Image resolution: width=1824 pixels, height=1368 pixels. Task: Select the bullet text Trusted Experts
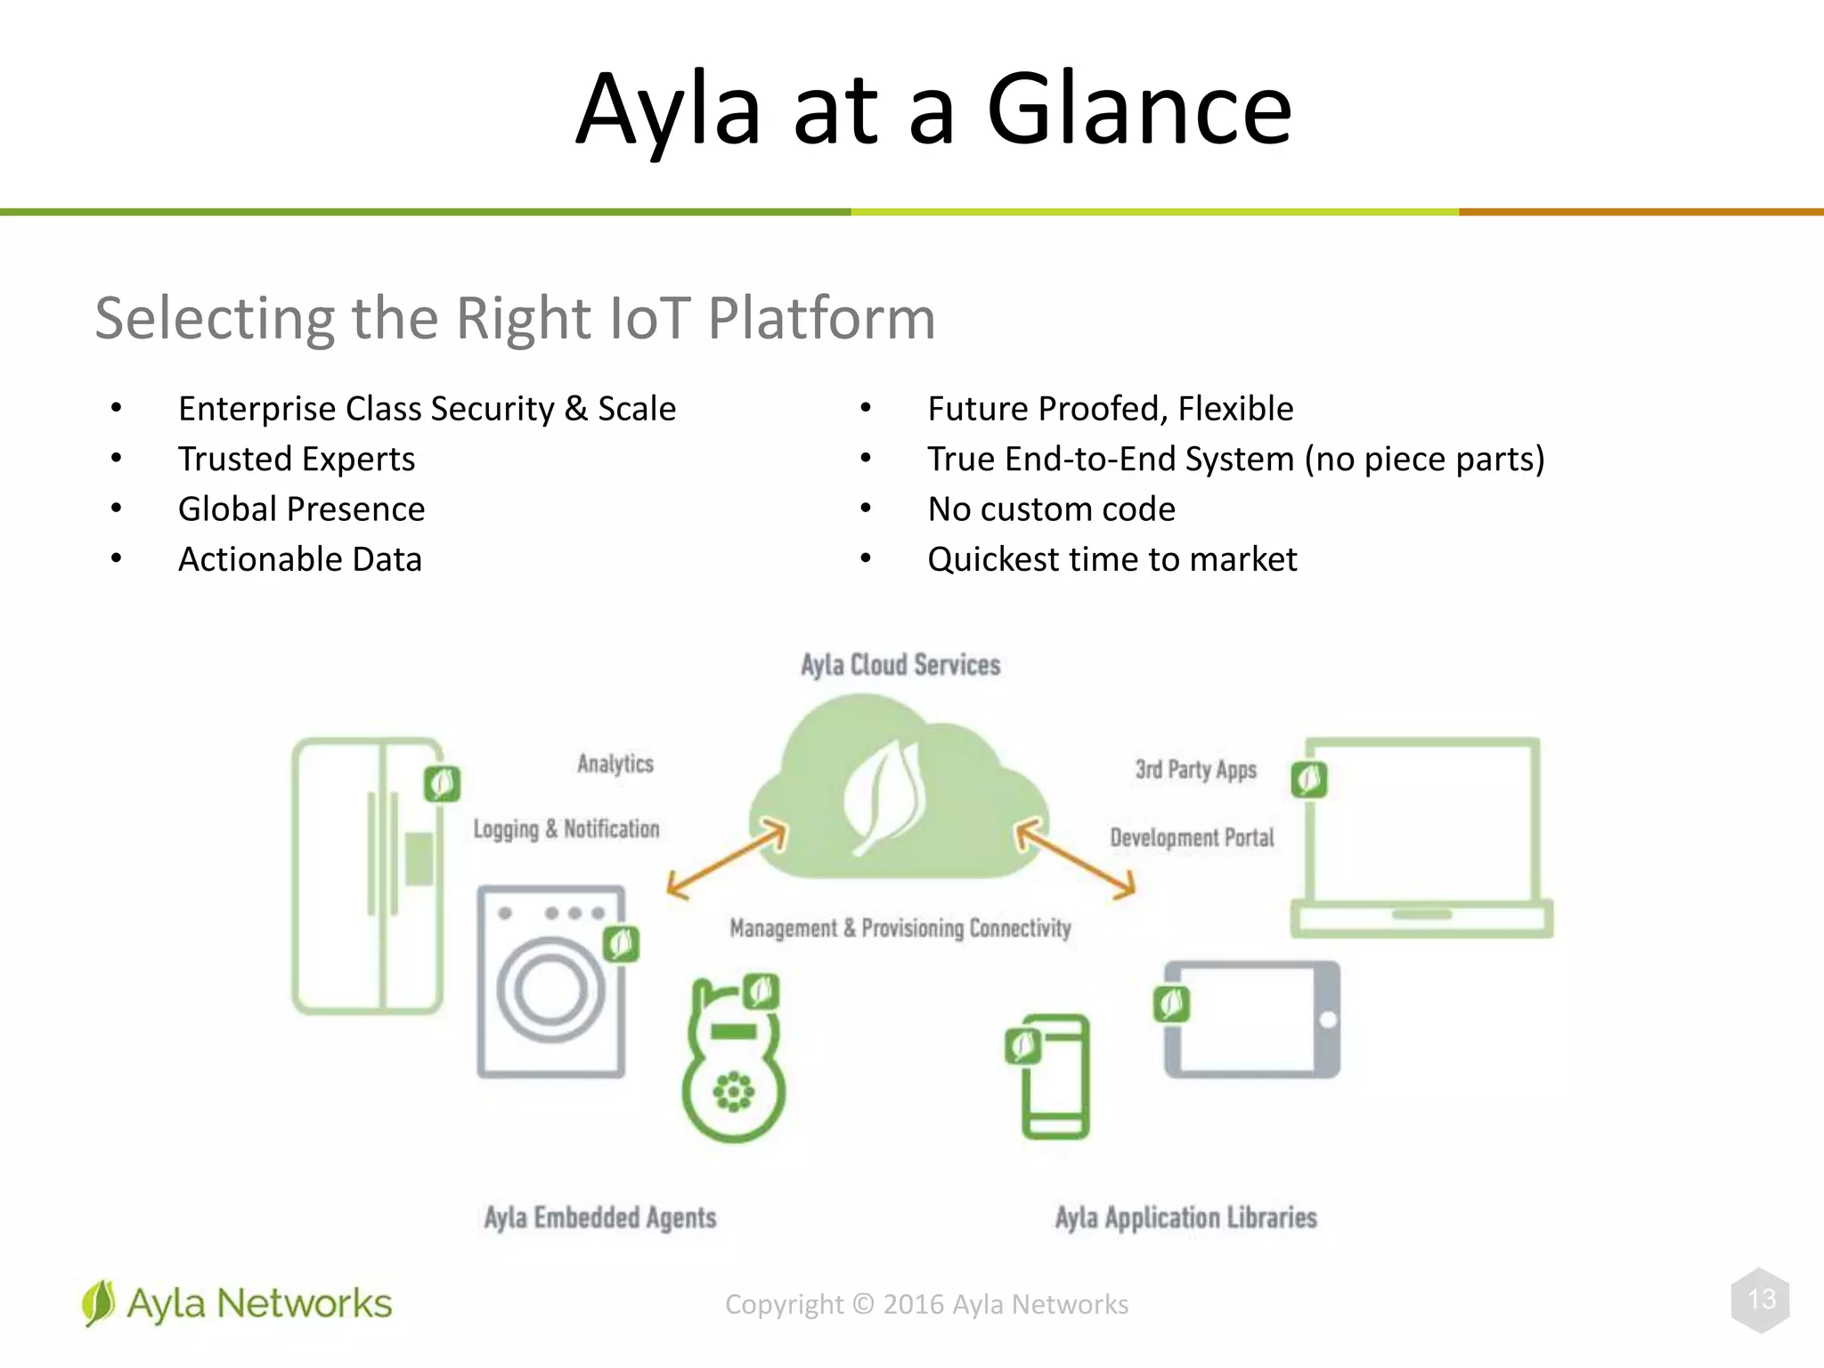tap(296, 459)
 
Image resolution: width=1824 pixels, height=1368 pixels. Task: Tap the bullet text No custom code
tap(1051, 509)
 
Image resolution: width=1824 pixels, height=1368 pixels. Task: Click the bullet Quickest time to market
tap(1111, 559)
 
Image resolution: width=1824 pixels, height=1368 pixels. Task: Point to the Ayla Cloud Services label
tap(900, 664)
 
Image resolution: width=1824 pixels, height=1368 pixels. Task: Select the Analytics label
tap(615, 763)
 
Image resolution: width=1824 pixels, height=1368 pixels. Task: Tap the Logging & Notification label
tap(566, 829)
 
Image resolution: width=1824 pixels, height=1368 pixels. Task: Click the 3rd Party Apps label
tap(1195, 769)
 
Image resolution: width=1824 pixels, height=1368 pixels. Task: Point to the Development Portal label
tap(1192, 837)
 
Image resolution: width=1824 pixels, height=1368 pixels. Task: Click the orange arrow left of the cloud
tap(727, 860)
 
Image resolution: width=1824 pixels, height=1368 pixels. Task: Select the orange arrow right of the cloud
tap(1076, 860)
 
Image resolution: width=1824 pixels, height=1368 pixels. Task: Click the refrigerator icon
tap(367, 875)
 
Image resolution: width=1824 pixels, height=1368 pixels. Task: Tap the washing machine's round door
tap(550, 989)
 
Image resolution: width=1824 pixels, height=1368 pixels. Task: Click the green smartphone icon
tap(1056, 1078)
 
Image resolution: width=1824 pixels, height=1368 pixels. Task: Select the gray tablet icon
tap(1251, 1019)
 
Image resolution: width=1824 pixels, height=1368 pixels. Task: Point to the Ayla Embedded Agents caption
tap(599, 1217)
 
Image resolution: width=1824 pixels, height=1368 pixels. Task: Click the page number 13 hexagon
tap(1761, 1299)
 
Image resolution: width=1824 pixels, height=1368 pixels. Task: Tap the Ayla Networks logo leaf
tap(99, 1303)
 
